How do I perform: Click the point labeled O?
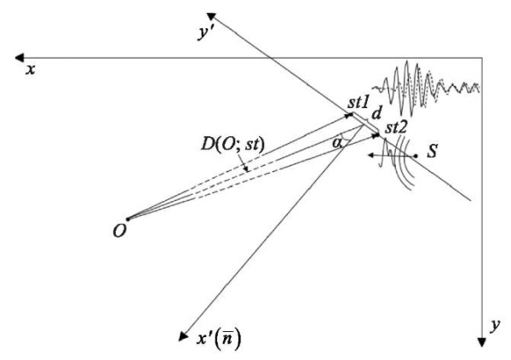[128, 220]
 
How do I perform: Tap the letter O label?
[119, 231]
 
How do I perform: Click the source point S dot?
[416, 157]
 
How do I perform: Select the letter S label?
[432, 151]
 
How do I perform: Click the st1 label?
[359, 103]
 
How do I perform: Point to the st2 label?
[396, 128]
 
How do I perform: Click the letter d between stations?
[376, 113]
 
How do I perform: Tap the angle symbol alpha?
[336, 143]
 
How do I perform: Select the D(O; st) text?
[233, 145]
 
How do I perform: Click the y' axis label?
[205, 33]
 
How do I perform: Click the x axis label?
[31, 70]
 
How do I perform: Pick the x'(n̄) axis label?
[219, 340]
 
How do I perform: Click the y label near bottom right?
[495, 325]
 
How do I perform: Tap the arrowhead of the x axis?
[20, 58]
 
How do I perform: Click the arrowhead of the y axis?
[482, 342]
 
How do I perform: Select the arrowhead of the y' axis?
[211, 16]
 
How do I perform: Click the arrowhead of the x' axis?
[183, 336]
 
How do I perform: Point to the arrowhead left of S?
[371, 156]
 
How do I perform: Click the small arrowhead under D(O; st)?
[247, 169]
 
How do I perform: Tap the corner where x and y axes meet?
[482, 58]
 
